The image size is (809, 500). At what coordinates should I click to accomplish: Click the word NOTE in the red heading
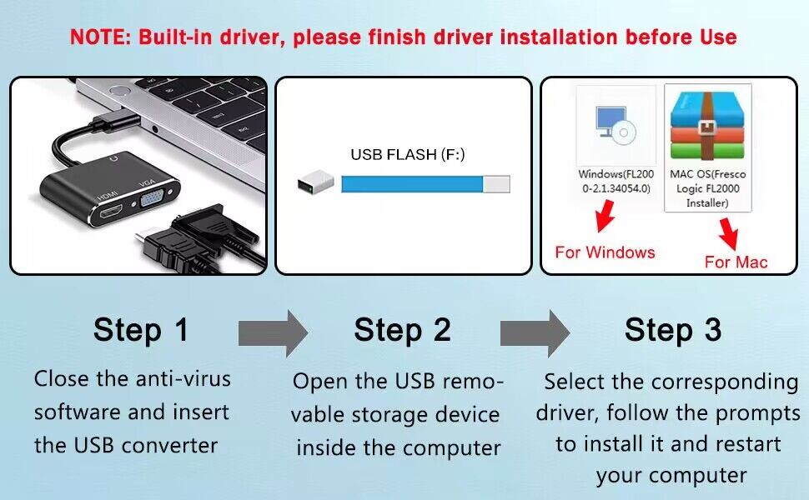click(98, 37)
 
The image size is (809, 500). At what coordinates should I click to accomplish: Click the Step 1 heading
click(141, 329)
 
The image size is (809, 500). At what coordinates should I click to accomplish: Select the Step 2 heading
click(402, 329)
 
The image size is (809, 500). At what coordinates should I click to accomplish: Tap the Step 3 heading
click(672, 329)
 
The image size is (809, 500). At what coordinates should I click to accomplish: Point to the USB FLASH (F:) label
click(407, 154)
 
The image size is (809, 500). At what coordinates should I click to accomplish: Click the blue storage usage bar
click(413, 184)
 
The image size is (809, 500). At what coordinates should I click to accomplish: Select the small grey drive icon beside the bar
click(316, 183)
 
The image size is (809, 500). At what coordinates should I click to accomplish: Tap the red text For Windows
click(605, 252)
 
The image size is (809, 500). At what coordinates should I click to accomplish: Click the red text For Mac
click(736, 262)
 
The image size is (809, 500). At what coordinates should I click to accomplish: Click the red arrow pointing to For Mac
click(731, 234)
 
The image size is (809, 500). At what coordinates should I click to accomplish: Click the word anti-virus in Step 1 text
click(183, 378)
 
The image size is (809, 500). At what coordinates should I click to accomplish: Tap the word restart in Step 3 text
click(742, 443)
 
